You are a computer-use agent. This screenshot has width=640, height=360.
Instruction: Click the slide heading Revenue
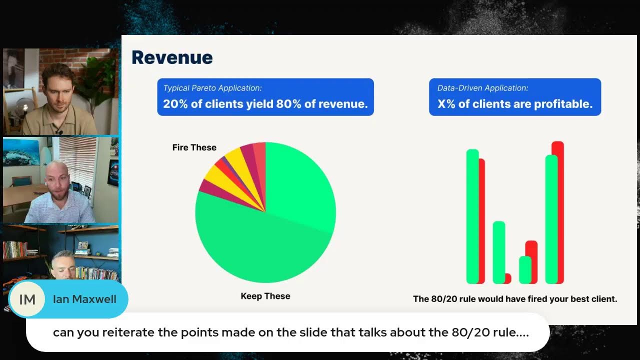172,57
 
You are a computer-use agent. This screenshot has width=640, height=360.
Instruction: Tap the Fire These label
194,147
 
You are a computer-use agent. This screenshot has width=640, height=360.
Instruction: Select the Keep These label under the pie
265,296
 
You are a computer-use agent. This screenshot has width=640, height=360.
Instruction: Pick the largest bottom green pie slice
260,250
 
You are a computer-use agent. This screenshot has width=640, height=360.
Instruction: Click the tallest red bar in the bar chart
558,210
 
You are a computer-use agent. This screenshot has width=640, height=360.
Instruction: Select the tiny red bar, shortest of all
508,278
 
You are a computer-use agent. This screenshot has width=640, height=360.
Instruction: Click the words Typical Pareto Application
212,88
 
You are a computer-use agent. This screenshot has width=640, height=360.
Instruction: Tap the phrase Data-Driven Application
482,88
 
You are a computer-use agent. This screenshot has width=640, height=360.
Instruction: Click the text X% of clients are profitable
514,104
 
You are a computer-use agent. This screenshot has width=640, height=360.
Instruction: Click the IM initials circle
27,299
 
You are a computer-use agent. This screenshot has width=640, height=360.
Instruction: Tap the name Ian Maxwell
84,299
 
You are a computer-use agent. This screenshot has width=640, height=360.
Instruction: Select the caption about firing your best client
514,299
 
